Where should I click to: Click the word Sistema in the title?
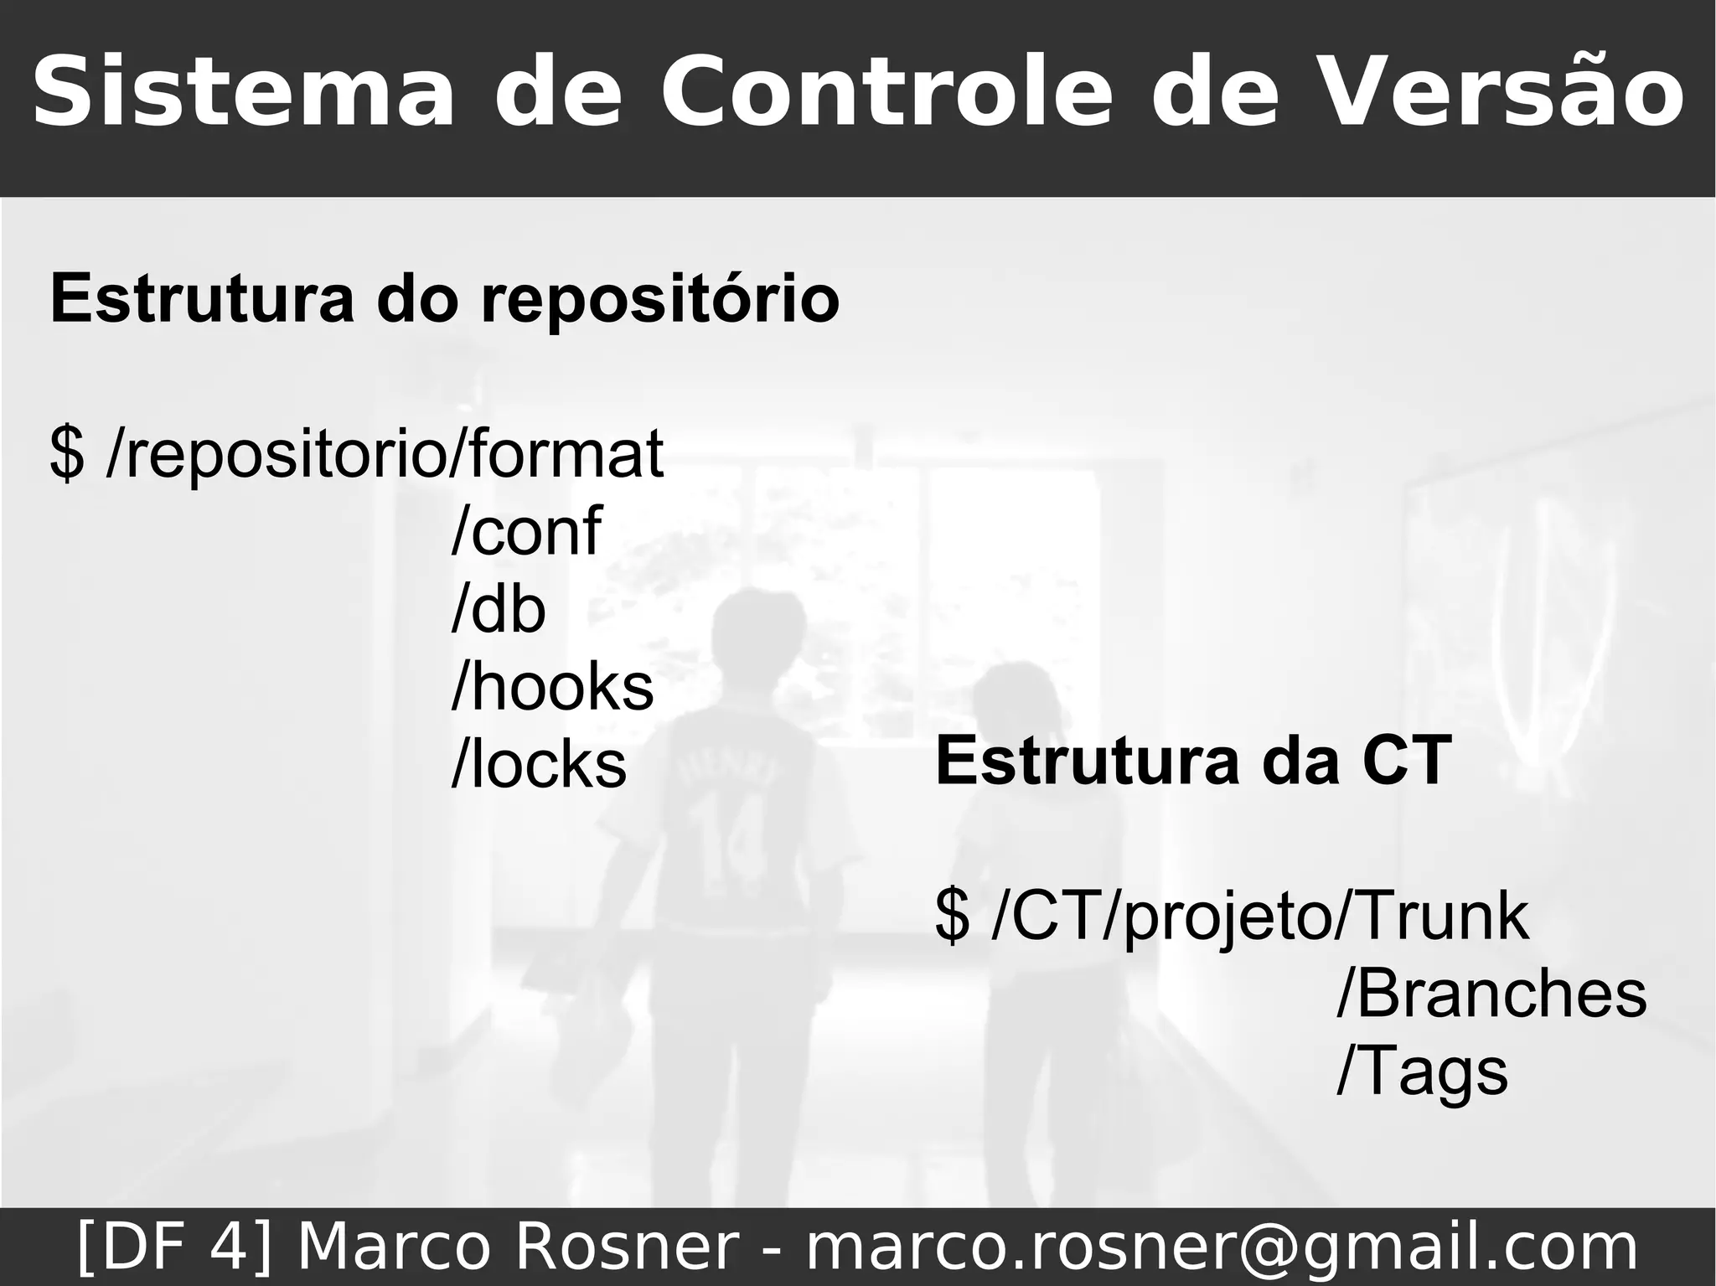pyautogui.click(x=243, y=92)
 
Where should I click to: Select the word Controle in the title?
pyautogui.click(x=888, y=92)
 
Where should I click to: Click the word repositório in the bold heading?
pyautogui.click(x=659, y=299)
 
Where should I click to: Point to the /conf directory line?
pyautogui.click(x=526, y=531)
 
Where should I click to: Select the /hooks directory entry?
pyautogui.click(x=552, y=687)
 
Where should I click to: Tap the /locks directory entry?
pyautogui.click(x=539, y=764)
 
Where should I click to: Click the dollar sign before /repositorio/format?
pyautogui.click(x=67, y=454)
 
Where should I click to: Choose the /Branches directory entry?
pyautogui.click(x=1491, y=994)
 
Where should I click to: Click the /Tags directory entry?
pyautogui.click(x=1422, y=1072)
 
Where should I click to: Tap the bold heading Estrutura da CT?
pyautogui.click(x=1193, y=761)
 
